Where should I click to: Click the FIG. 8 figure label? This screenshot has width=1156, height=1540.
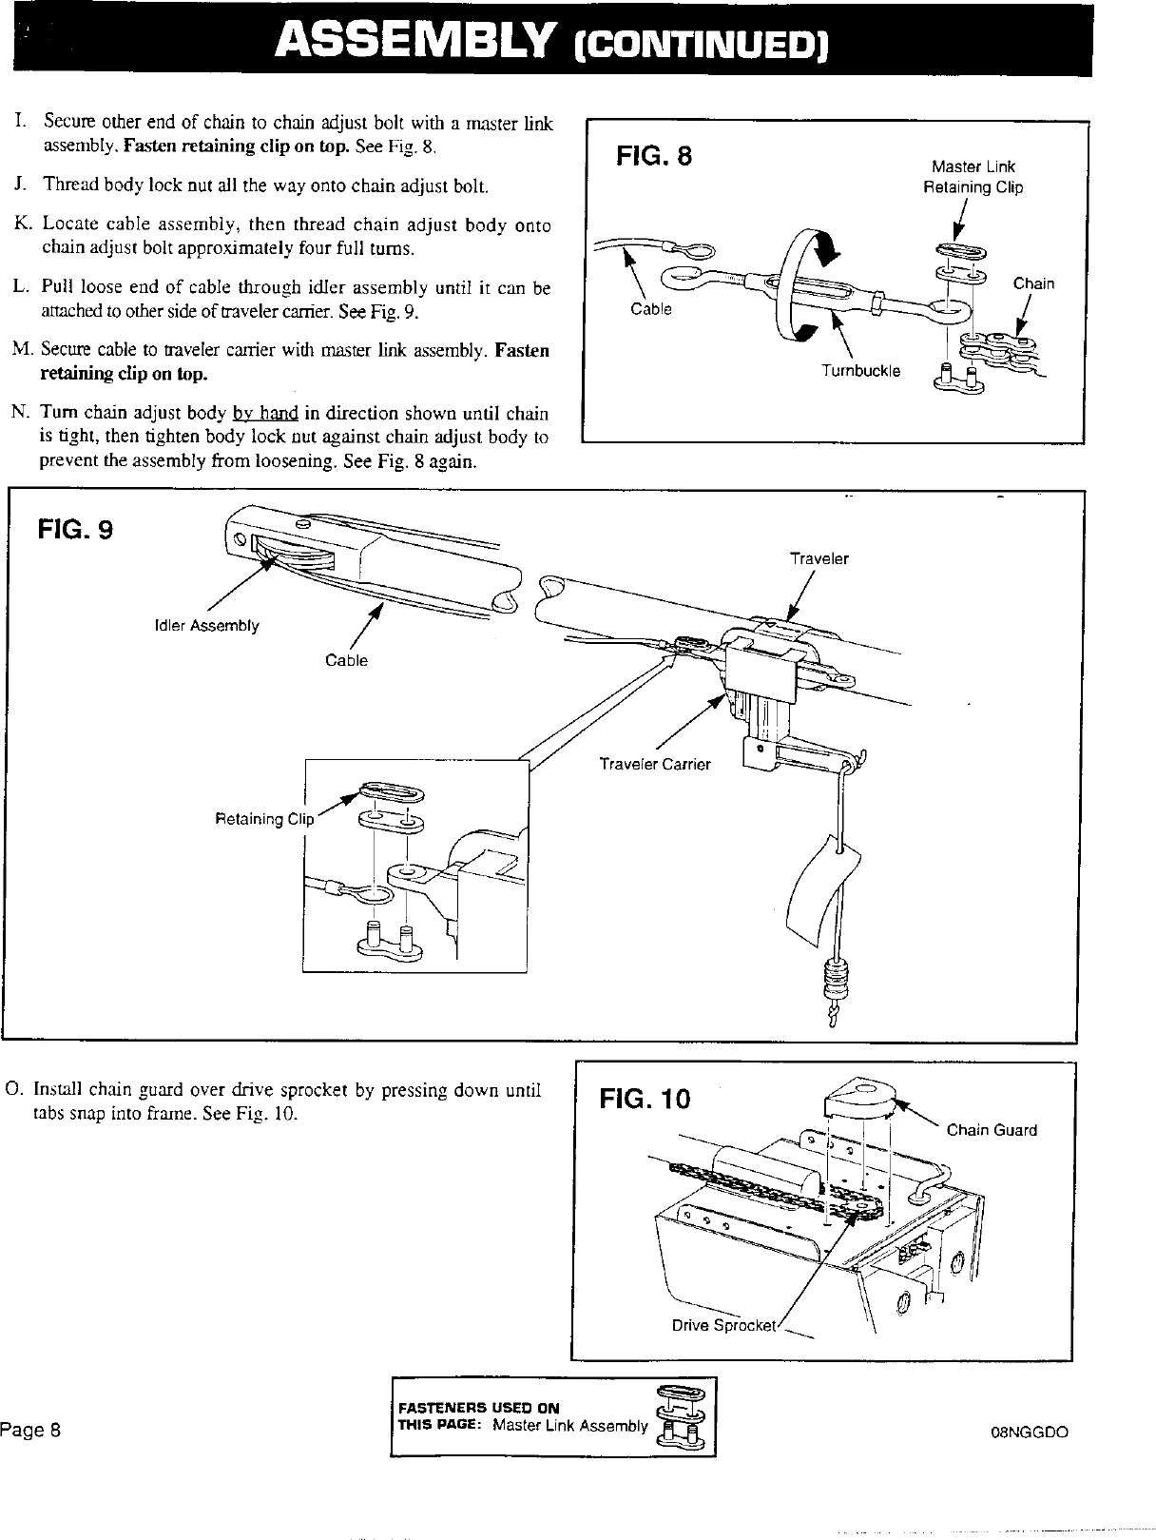[x=654, y=156]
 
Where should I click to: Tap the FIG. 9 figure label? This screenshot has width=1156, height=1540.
[x=75, y=529]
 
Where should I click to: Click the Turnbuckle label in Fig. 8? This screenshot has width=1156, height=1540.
[x=861, y=371]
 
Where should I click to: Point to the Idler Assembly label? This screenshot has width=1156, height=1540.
[x=206, y=626]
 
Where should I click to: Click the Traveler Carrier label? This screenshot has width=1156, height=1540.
[x=655, y=764]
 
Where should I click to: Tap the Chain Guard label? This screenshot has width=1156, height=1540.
[x=992, y=1130]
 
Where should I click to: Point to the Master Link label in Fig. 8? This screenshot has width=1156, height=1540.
[x=973, y=167]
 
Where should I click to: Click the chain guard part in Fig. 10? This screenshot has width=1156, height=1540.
[x=859, y=1098]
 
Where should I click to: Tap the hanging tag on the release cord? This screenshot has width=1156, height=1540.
[x=819, y=884]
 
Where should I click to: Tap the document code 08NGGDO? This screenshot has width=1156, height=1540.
[x=1030, y=1433]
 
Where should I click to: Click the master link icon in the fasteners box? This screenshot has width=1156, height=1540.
[x=681, y=1416]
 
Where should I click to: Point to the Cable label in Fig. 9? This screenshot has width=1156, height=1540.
[x=346, y=660]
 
